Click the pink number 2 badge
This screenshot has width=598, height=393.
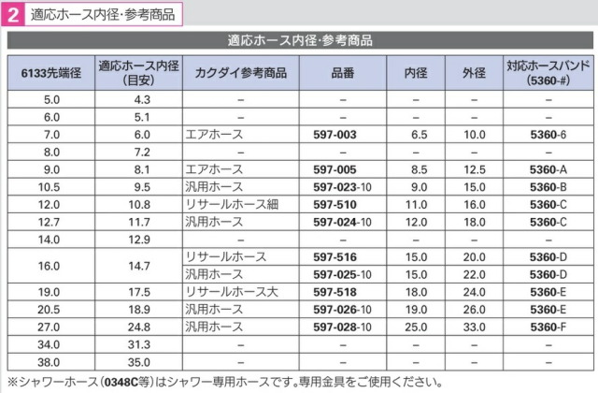tap(13, 15)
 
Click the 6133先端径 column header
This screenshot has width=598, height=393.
tap(51, 73)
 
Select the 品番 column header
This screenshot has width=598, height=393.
tap(343, 73)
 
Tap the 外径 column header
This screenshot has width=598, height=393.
tap(474, 73)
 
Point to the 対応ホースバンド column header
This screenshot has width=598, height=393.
tap(548, 73)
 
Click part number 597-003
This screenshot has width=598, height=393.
tap(335, 135)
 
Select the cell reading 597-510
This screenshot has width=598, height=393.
tap(335, 205)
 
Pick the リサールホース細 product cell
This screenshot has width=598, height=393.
tap(232, 205)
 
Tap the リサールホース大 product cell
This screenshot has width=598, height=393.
tap(232, 292)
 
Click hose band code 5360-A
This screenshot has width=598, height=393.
tap(548, 169)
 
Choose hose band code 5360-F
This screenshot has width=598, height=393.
tap(548, 327)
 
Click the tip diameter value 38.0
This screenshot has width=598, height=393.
tap(49, 362)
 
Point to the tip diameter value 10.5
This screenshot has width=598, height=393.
tap(49, 187)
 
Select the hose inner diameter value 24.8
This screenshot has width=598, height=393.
tap(139, 327)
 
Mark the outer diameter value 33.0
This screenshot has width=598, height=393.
tap(475, 327)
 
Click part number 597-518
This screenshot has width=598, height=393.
tap(335, 292)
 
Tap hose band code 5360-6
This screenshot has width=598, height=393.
tap(548, 135)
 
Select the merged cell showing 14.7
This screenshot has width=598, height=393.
tap(139, 266)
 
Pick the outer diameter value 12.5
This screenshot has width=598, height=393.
tap(475, 169)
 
